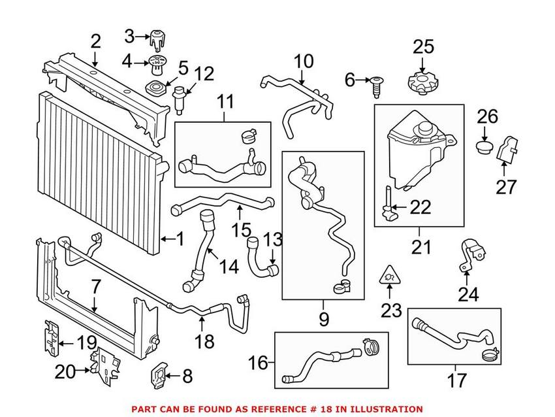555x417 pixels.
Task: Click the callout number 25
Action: click(x=423, y=46)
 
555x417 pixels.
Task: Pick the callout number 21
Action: click(x=419, y=247)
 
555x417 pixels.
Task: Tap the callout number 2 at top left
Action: click(x=96, y=42)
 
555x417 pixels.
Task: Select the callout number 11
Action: click(x=225, y=102)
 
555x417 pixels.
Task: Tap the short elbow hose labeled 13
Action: click(x=261, y=258)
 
